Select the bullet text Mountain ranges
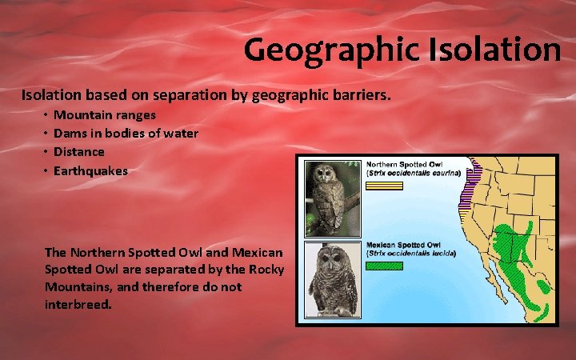tap(105, 115)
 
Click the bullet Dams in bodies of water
tap(126, 133)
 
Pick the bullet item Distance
tap(79, 151)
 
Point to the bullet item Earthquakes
tap(90, 170)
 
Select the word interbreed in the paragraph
tap(77, 305)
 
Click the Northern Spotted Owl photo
tap(328, 197)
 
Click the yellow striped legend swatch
tap(385, 185)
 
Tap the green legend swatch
tap(385, 266)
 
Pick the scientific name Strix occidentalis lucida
tap(410, 254)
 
